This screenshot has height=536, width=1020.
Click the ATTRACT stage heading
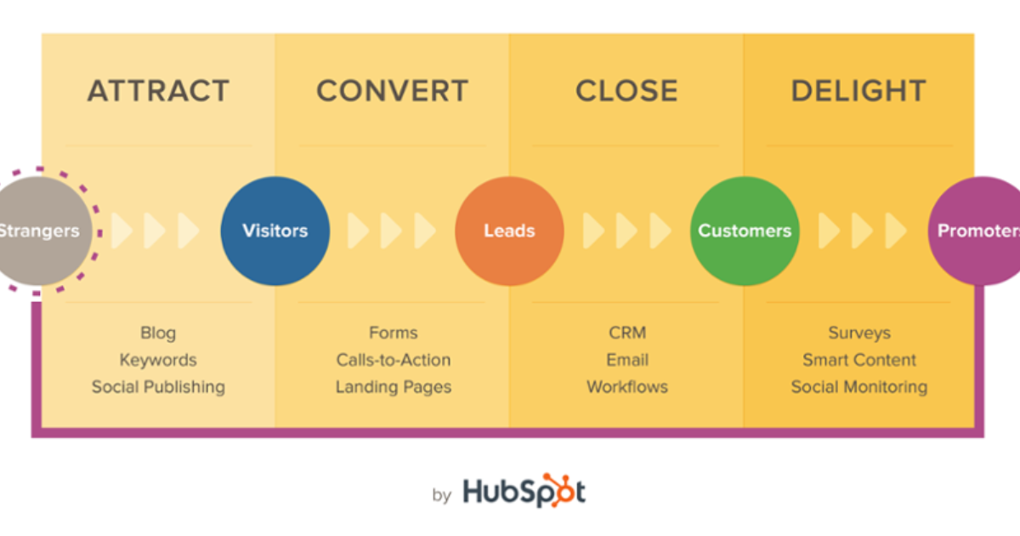(x=158, y=91)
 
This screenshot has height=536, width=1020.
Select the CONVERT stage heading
(x=392, y=91)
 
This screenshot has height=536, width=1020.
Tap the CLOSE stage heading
(x=626, y=91)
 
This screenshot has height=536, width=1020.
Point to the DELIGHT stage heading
(x=858, y=91)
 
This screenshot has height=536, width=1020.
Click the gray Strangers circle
(x=38, y=231)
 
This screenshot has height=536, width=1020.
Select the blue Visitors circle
(x=275, y=231)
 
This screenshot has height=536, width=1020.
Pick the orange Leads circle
(x=509, y=231)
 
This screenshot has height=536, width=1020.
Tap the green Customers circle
(x=745, y=231)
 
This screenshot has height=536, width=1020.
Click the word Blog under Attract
(x=158, y=333)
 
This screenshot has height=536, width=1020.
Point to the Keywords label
(x=158, y=360)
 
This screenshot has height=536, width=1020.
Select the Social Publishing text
(x=158, y=387)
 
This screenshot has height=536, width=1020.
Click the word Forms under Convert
(x=393, y=333)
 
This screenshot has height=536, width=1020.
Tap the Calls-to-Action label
(x=393, y=360)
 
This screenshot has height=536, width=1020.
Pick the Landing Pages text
(x=393, y=387)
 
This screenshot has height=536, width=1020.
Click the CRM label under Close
(x=627, y=333)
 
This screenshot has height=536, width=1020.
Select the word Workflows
(x=627, y=387)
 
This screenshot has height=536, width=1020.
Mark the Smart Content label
(x=859, y=360)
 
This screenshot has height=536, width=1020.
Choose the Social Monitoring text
(x=859, y=387)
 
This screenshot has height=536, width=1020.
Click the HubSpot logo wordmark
(x=524, y=493)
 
